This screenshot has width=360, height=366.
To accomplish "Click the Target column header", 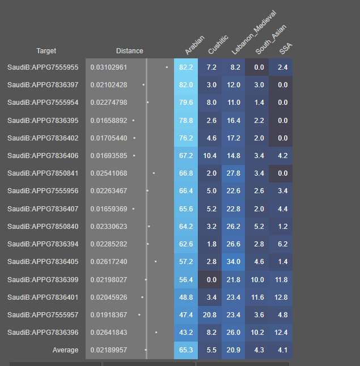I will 46,51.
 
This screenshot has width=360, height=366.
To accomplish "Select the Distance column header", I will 129,51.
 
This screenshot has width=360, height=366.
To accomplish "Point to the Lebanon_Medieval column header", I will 253,33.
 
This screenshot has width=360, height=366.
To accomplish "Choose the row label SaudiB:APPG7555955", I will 43,67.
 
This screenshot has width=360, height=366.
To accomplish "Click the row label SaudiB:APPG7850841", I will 43,173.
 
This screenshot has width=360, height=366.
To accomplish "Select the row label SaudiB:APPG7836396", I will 43,333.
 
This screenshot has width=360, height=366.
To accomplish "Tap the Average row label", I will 65,350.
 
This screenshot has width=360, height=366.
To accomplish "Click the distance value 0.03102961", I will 109,67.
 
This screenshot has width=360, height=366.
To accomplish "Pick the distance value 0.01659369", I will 109,209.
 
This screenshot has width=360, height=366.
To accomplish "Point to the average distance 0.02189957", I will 109,350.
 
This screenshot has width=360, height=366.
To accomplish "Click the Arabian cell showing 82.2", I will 186,67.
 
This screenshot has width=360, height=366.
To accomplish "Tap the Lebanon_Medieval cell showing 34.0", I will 234,262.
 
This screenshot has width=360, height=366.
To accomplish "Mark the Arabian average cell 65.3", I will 186,350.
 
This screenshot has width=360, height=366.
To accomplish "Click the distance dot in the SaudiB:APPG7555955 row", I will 167,67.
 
